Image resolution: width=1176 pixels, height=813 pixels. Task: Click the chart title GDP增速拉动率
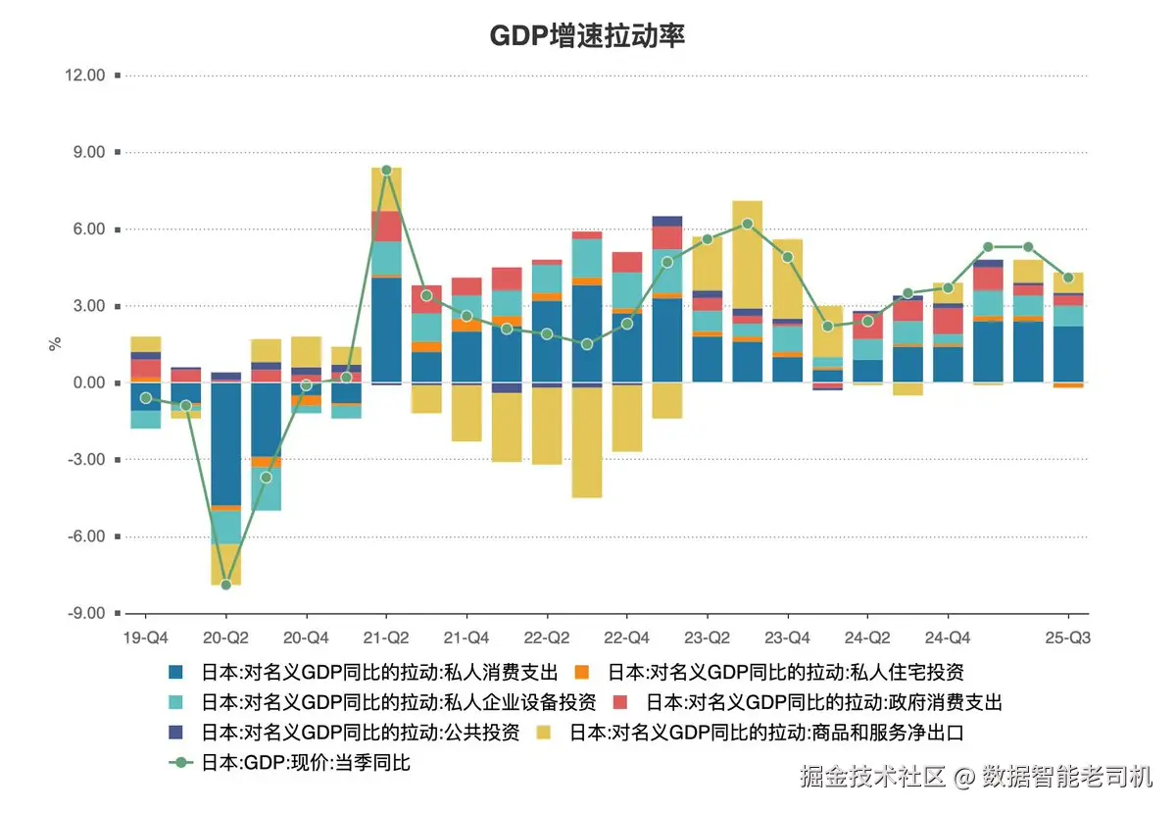[x=587, y=36]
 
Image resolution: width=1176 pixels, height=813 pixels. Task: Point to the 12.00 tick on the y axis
[x=85, y=76]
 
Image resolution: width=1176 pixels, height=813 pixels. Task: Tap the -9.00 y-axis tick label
[x=86, y=614]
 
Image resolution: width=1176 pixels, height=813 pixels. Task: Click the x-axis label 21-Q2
[x=386, y=637]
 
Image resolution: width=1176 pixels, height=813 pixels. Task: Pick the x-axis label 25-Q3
[x=1067, y=637]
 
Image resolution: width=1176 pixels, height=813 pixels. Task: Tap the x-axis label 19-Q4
[x=145, y=637]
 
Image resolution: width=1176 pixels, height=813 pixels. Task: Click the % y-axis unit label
[x=56, y=343]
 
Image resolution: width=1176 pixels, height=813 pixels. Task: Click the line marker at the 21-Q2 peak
[x=386, y=171]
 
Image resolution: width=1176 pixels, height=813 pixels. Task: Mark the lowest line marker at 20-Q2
[x=225, y=584]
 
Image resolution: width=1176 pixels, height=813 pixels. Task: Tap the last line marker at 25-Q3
[x=1068, y=278]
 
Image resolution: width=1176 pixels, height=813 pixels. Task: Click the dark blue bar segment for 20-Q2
[x=225, y=441]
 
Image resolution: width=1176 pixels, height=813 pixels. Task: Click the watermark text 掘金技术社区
[x=872, y=778]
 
